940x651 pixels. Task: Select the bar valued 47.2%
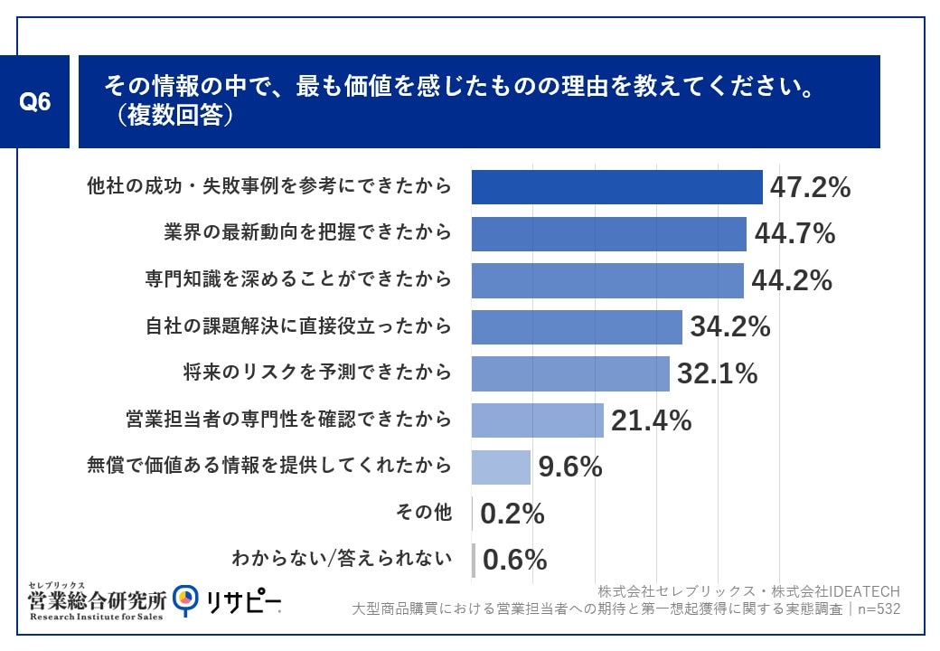pyautogui.click(x=616, y=187)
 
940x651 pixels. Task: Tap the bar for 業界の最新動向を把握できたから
pyautogui.click(x=608, y=234)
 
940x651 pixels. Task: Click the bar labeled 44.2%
pyautogui.click(x=607, y=280)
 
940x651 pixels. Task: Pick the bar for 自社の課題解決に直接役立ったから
pyautogui.click(x=577, y=327)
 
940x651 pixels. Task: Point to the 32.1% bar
pyautogui.click(x=570, y=373)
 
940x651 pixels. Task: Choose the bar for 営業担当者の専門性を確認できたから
pyautogui.click(x=537, y=420)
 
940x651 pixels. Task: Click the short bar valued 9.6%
pyautogui.click(x=501, y=467)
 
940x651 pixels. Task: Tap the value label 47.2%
pyautogui.click(x=810, y=188)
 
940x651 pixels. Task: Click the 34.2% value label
pyautogui.click(x=730, y=327)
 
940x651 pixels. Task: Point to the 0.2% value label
pyautogui.click(x=512, y=514)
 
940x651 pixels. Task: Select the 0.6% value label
pyautogui.click(x=514, y=561)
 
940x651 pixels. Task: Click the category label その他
pyautogui.click(x=424, y=514)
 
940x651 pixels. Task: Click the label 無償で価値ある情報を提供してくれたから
pyautogui.click(x=269, y=467)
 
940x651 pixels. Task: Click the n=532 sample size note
pyautogui.click(x=878, y=609)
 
